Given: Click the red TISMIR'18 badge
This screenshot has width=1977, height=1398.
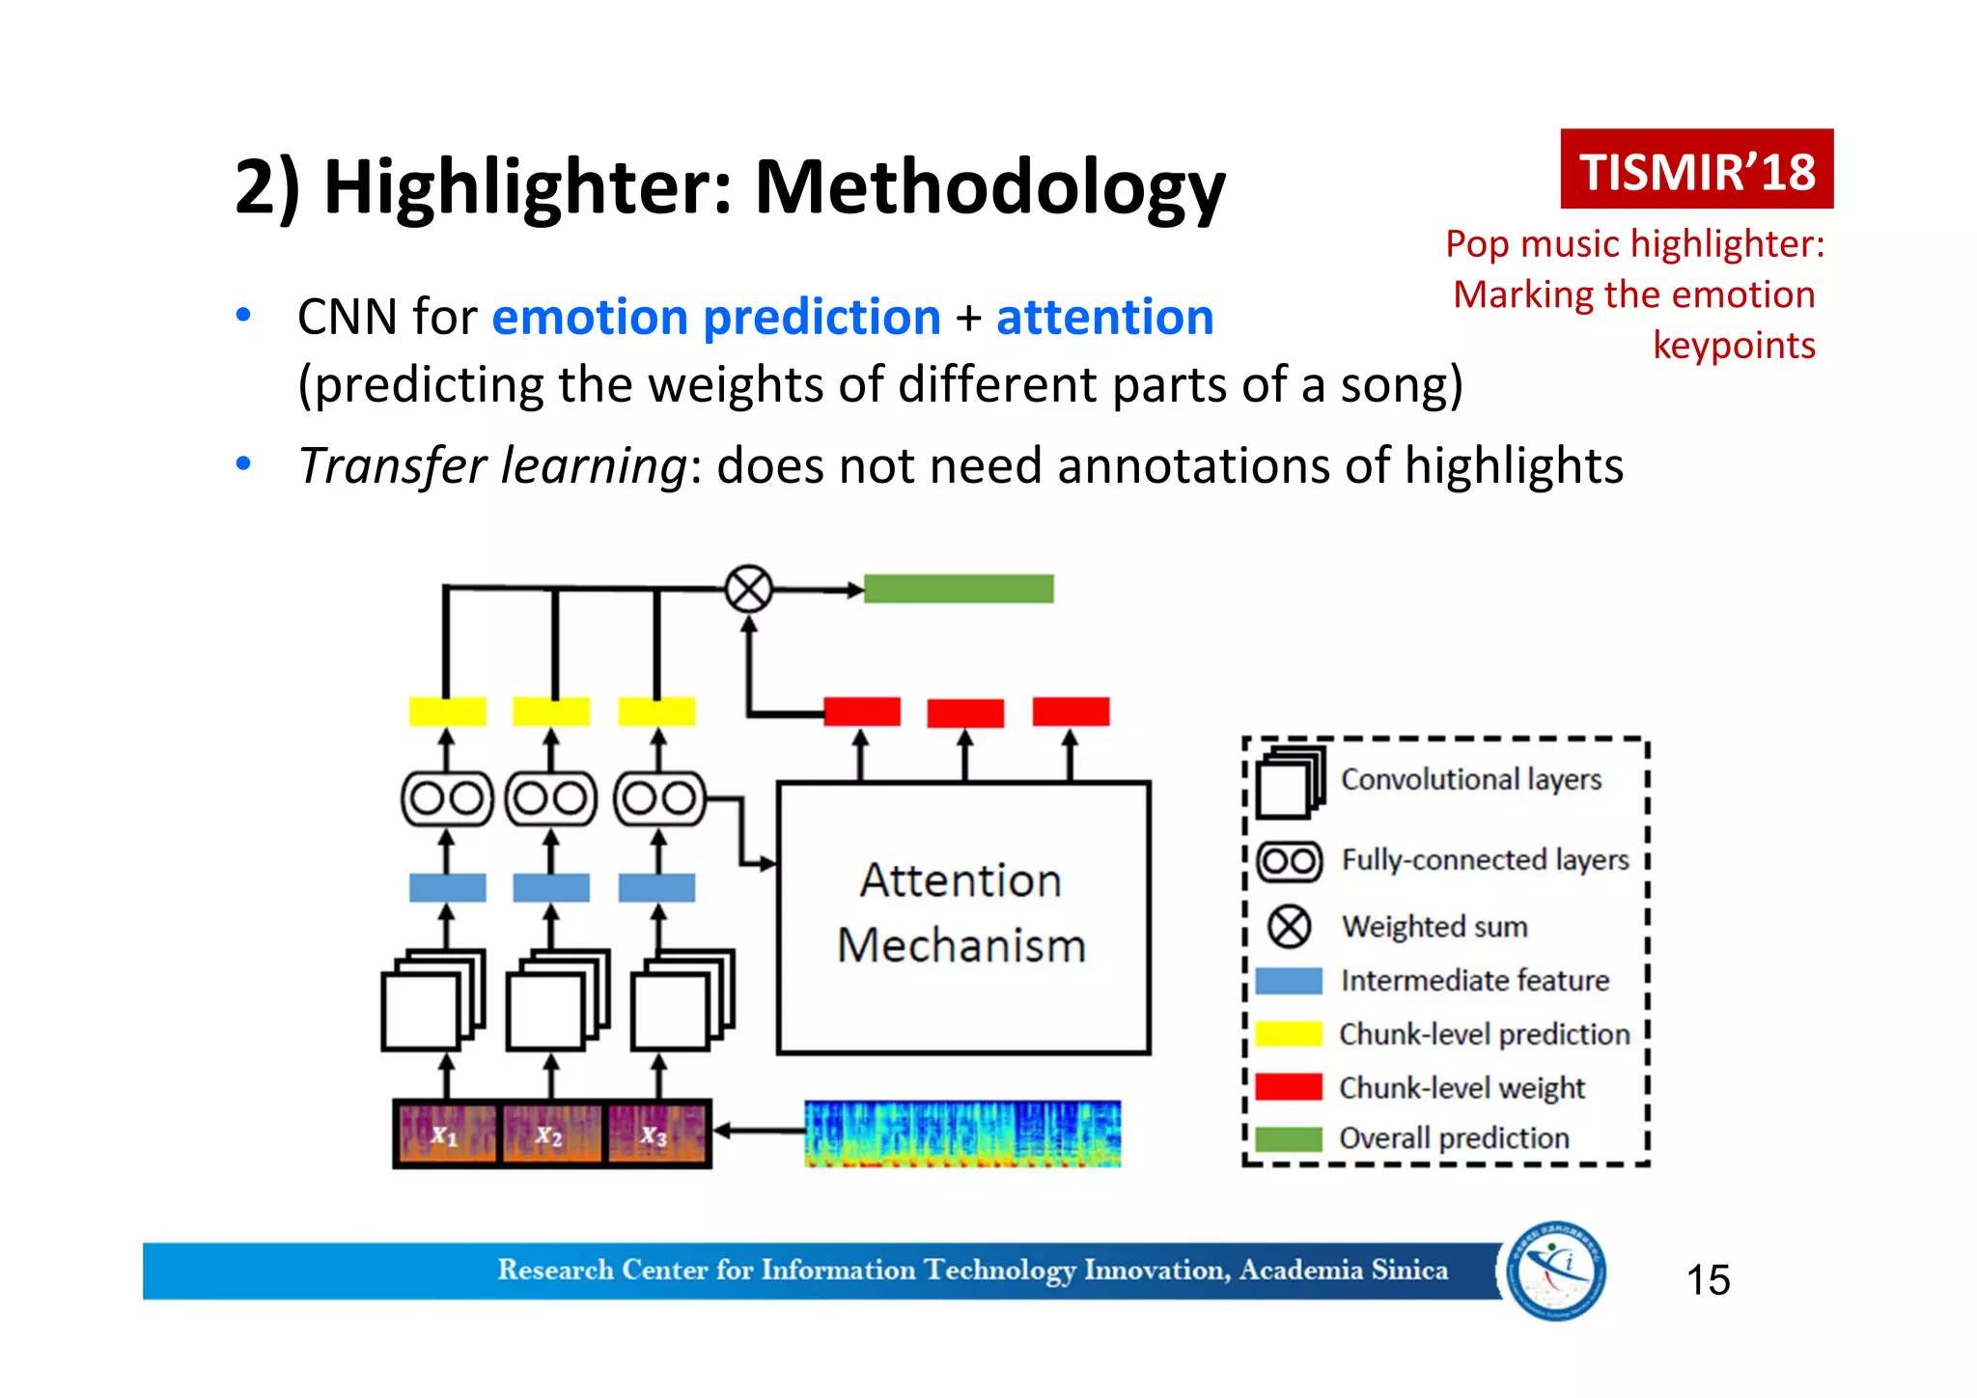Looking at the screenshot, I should pyautogui.click(x=1696, y=170).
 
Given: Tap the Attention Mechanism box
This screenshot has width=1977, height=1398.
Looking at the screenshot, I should pyautogui.click(x=962, y=917).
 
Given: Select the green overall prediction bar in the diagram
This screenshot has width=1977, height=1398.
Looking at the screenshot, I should pyautogui.click(x=958, y=588).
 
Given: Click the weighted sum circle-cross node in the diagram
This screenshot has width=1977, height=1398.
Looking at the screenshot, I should pyautogui.click(x=748, y=588).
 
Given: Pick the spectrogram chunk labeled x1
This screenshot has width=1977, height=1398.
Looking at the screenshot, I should pyautogui.click(x=445, y=1133).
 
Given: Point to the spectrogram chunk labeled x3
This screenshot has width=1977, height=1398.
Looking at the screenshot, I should pyautogui.click(x=656, y=1133).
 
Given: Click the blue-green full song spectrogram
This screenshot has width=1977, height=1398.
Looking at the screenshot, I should pyautogui.click(x=962, y=1133).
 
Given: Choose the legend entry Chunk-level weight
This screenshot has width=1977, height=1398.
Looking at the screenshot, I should pyautogui.click(x=1461, y=1088).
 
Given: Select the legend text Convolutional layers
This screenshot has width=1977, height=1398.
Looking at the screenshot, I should pyautogui.click(x=1470, y=779).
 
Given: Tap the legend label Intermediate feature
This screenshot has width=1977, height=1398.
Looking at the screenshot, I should pyautogui.click(x=1474, y=981).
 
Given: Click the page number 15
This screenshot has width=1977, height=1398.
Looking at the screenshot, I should pyautogui.click(x=1707, y=1280).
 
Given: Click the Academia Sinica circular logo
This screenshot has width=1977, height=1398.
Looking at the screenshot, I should pyautogui.click(x=1556, y=1271).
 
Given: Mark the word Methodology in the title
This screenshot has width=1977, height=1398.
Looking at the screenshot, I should pyautogui.click(x=988, y=187).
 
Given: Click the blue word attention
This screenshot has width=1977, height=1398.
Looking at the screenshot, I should pyautogui.click(x=1104, y=318).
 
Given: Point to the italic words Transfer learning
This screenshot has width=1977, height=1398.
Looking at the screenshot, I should pyautogui.click(x=491, y=466).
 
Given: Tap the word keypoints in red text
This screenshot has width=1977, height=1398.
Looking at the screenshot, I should pyautogui.click(x=1733, y=346).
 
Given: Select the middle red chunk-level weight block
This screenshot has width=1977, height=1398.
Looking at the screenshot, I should pyautogui.click(x=964, y=713).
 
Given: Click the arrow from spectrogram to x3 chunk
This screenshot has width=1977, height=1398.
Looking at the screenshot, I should pyautogui.click(x=759, y=1131).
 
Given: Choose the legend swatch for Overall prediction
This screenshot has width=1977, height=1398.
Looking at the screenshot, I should pyautogui.click(x=1288, y=1139).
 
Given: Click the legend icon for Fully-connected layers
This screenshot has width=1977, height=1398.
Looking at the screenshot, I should pyautogui.click(x=1289, y=860).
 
